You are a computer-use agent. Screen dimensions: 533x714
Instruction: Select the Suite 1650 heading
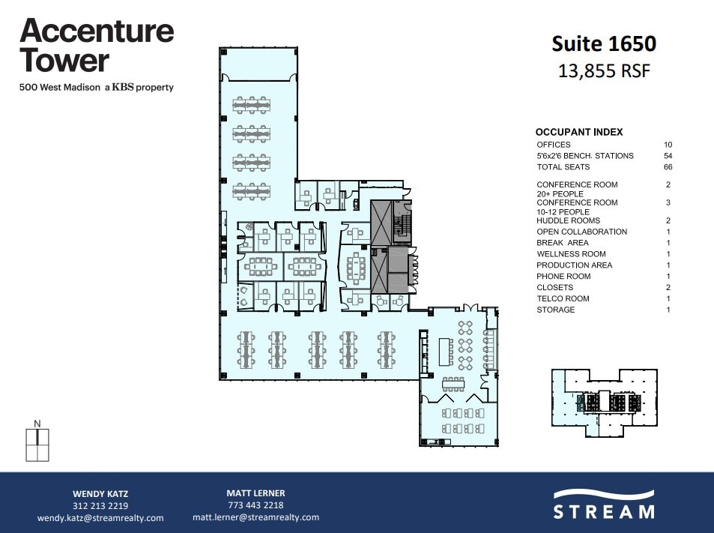604,43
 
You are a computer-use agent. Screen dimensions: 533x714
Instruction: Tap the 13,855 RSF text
604,71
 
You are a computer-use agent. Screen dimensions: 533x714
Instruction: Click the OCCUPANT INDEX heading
578,132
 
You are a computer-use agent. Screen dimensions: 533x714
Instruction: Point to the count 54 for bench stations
668,156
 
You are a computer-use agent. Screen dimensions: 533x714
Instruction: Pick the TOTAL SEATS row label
563,167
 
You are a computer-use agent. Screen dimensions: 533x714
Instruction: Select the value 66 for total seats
668,167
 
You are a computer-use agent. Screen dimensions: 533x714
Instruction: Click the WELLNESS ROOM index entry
571,254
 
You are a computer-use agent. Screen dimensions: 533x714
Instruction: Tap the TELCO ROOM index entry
563,298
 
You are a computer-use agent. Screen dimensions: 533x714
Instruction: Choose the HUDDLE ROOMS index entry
568,221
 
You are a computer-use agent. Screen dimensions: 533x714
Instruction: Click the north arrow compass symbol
36,442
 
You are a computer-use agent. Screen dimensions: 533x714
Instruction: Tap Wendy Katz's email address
100,518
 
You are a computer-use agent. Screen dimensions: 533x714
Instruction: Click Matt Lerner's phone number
255,505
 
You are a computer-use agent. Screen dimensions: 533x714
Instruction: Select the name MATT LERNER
255,493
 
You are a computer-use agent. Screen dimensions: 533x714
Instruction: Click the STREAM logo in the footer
603,504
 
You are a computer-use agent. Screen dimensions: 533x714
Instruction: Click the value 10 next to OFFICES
668,145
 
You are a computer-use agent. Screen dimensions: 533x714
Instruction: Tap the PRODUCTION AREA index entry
574,265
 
